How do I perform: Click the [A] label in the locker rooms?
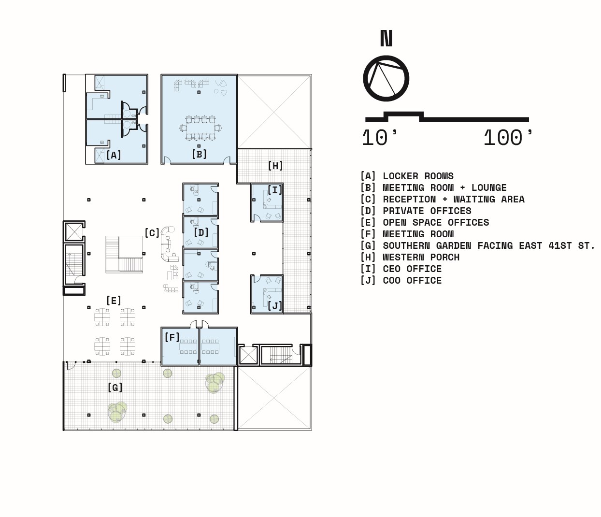(114, 155)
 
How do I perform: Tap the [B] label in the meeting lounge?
(199, 154)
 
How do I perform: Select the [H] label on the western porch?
(275, 166)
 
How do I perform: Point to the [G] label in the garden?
(115, 388)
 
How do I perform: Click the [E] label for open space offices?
(114, 301)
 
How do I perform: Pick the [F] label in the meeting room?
(172, 337)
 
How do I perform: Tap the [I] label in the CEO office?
(275, 190)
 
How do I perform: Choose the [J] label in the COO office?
(275, 305)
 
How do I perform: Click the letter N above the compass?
(386, 38)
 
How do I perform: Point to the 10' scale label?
(379, 137)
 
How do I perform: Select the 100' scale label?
(508, 137)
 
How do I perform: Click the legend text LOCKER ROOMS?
(418, 176)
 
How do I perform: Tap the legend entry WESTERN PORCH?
(421, 258)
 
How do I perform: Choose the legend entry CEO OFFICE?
(412, 269)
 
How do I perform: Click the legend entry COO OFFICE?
(412, 281)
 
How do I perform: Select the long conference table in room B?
(200, 128)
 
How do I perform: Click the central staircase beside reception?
(124, 255)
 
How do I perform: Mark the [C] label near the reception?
(152, 233)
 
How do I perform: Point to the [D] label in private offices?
(201, 232)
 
